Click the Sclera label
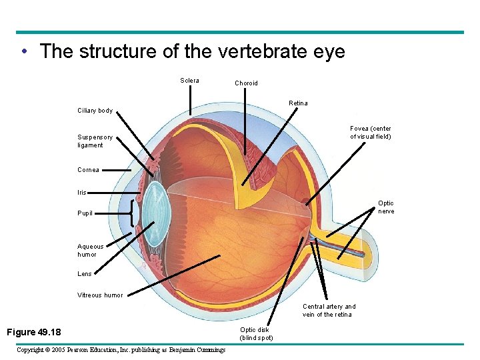[x=189, y=81]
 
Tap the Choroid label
[x=246, y=83]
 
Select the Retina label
[x=298, y=103]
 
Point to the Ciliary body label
[x=95, y=111]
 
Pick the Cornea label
[x=88, y=170]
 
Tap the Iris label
[x=82, y=193]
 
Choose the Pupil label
[x=85, y=213]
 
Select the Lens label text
[x=85, y=274]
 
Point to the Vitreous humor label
[x=100, y=295]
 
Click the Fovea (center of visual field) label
[x=371, y=133]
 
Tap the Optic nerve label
[x=386, y=207]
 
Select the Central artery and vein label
[x=329, y=311]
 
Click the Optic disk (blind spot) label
[x=257, y=333]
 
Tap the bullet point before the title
[x=24, y=52]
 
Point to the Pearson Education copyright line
[x=121, y=349]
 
